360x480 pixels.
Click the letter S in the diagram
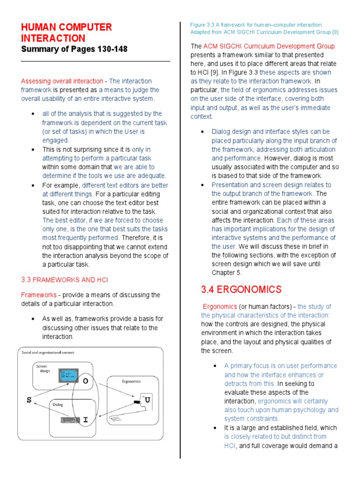(x=30, y=400)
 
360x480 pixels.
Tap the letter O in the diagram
(x=85, y=381)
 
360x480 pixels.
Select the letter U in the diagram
(x=148, y=400)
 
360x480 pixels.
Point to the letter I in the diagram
(x=85, y=420)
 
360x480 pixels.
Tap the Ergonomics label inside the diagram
(x=131, y=381)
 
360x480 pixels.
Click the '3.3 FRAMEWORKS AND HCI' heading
(x=64, y=280)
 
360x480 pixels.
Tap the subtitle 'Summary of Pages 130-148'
(x=74, y=49)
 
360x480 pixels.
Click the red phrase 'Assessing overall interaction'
(x=62, y=81)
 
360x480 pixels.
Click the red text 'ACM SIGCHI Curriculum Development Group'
(x=269, y=46)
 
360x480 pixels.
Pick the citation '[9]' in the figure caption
(x=335, y=32)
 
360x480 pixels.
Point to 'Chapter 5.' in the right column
(x=227, y=273)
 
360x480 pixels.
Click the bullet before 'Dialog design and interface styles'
(x=202, y=132)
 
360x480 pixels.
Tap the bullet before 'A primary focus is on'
(x=214, y=366)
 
